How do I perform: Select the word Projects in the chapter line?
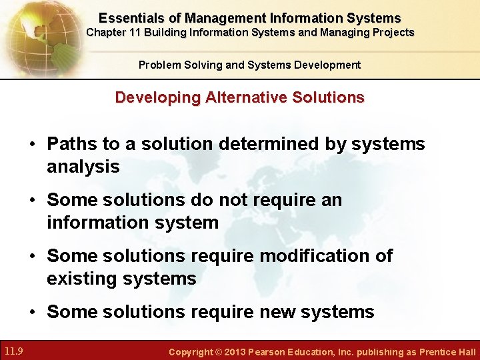pos(394,33)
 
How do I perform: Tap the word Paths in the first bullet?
pos(70,144)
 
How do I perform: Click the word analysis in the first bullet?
pos(83,167)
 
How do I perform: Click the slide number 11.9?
pos(14,351)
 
